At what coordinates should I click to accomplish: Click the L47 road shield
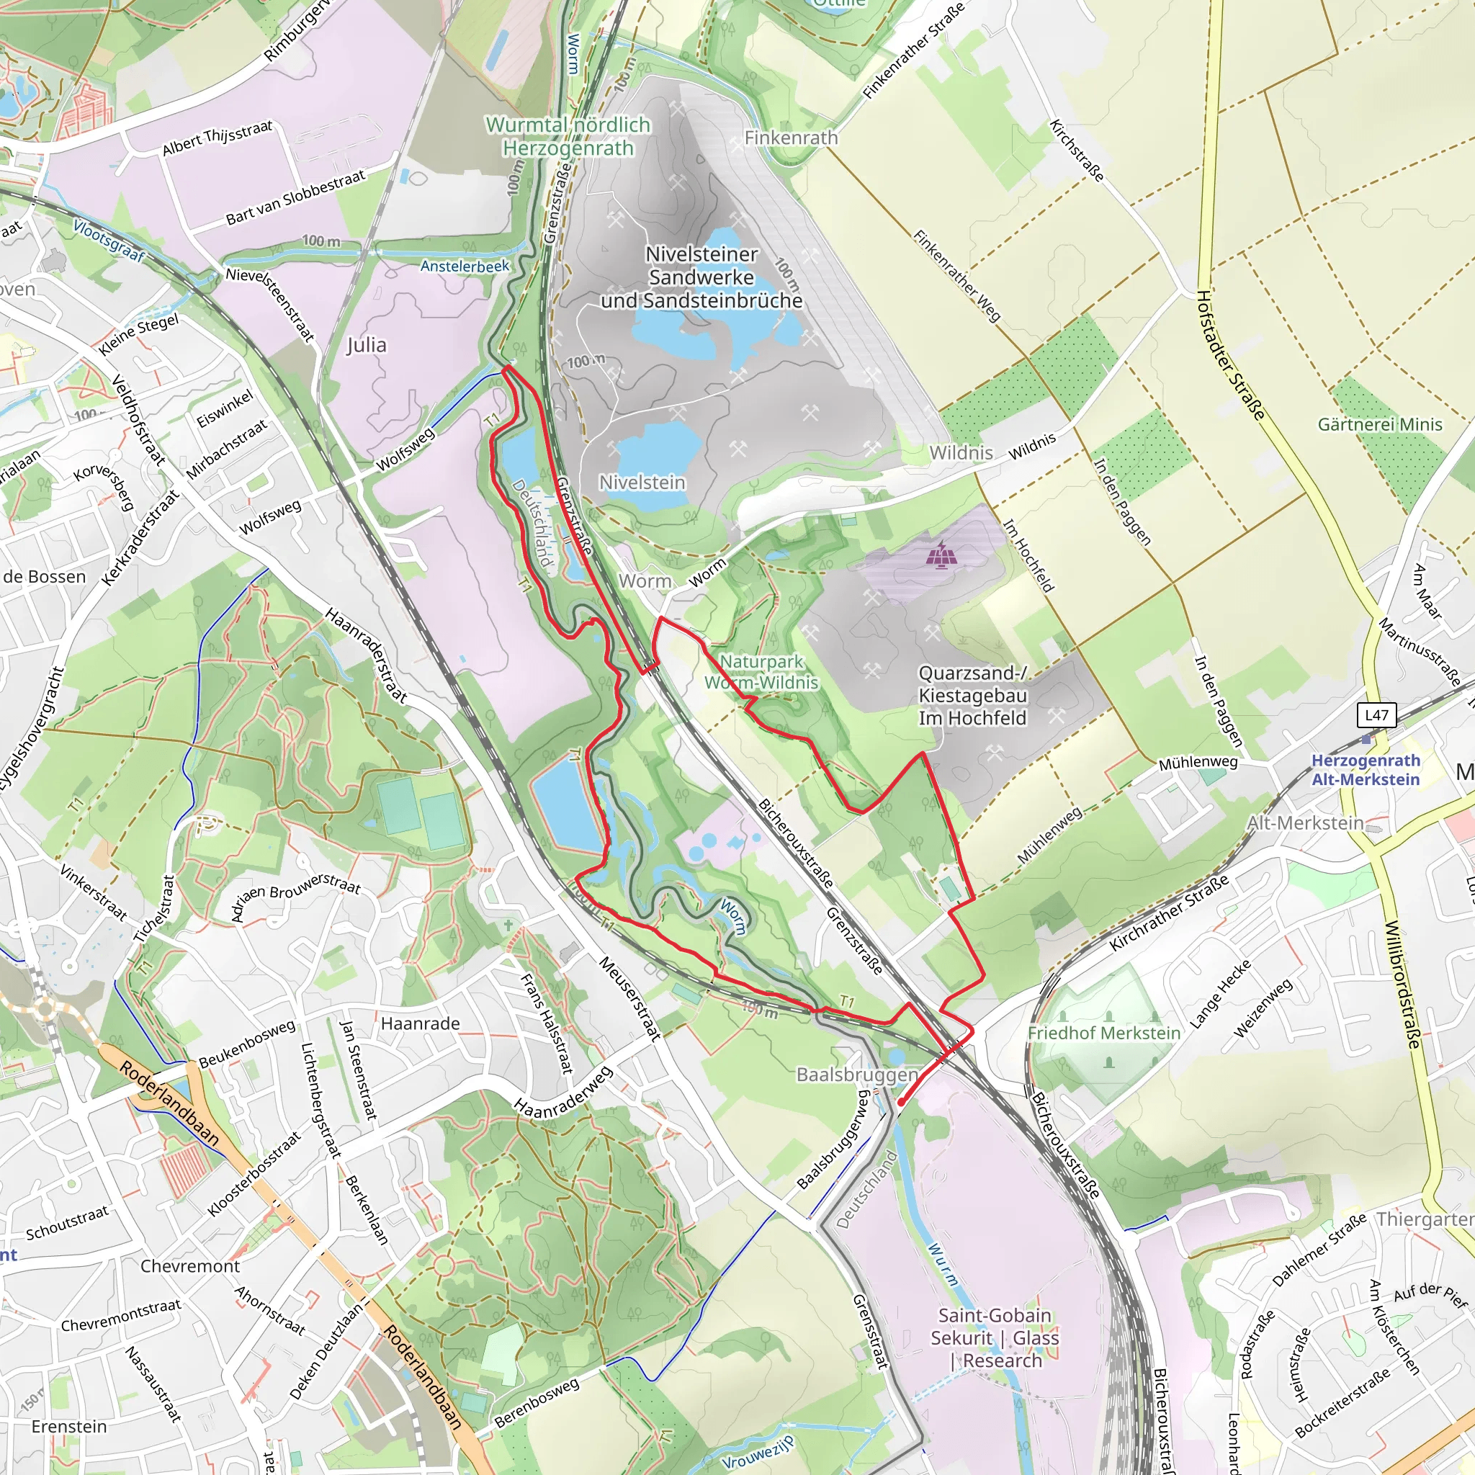click(1376, 715)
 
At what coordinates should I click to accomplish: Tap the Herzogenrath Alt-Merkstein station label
click(1365, 770)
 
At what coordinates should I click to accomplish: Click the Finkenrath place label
click(791, 138)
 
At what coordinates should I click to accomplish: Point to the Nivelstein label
click(641, 483)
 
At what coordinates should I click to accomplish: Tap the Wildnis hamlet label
click(961, 453)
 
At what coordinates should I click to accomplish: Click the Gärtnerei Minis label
click(1379, 424)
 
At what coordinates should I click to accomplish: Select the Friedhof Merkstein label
click(1103, 1033)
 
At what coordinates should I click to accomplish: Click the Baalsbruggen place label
click(856, 1075)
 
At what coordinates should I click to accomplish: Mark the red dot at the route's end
click(901, 1103)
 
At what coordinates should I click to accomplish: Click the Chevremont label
click(190, 1266)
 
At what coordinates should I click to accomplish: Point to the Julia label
click(367, 345)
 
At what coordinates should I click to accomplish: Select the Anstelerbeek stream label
click(465, 266)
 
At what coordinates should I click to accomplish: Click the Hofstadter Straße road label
click(1230, 355)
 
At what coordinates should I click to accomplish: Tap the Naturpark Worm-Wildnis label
click(761, 672)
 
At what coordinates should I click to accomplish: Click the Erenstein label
click(68, 1426)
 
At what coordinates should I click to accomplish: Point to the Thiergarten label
click(1424, 1219)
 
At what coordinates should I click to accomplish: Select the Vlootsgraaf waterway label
click(109, 240)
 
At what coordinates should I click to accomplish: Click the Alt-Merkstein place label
click(1305, 823)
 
